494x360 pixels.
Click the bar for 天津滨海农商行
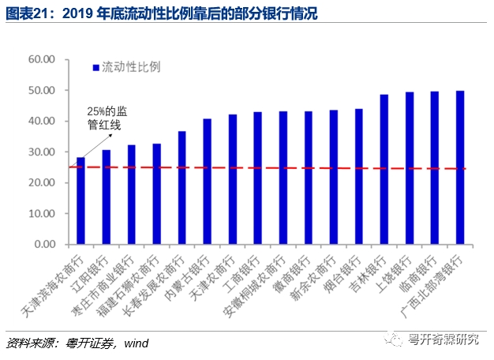(80, 201)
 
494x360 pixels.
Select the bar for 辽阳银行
(106, 197)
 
